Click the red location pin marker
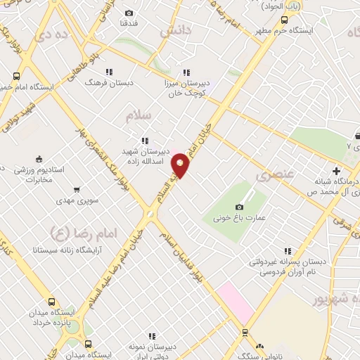point(181,165)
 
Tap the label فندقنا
point(129,23)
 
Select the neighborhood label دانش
point(175,31)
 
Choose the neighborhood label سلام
point(139,117)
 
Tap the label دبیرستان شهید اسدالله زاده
point(145,157)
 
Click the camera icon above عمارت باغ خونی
point(240,207)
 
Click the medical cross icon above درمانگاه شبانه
point(336,171)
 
